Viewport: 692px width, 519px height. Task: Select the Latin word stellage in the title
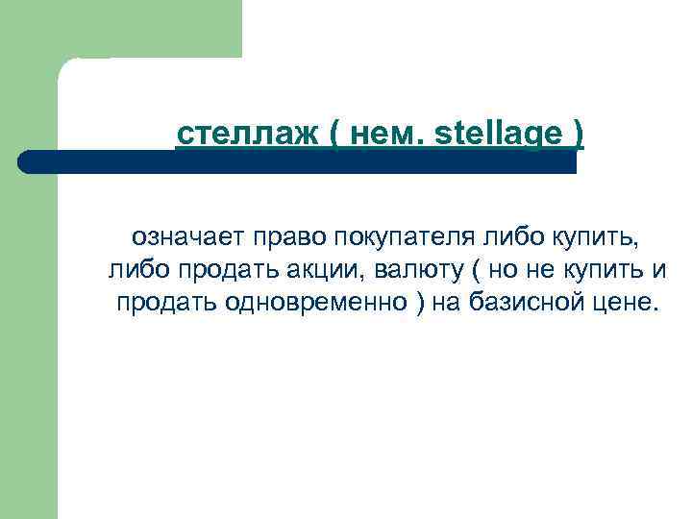click(497, 136)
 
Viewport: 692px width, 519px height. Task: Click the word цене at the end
click(623, 304)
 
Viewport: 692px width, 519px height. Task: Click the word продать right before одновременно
click(167, 304)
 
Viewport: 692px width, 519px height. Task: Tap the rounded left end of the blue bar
click(26, 161)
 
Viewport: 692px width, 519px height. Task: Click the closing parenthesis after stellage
click(576, 136)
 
